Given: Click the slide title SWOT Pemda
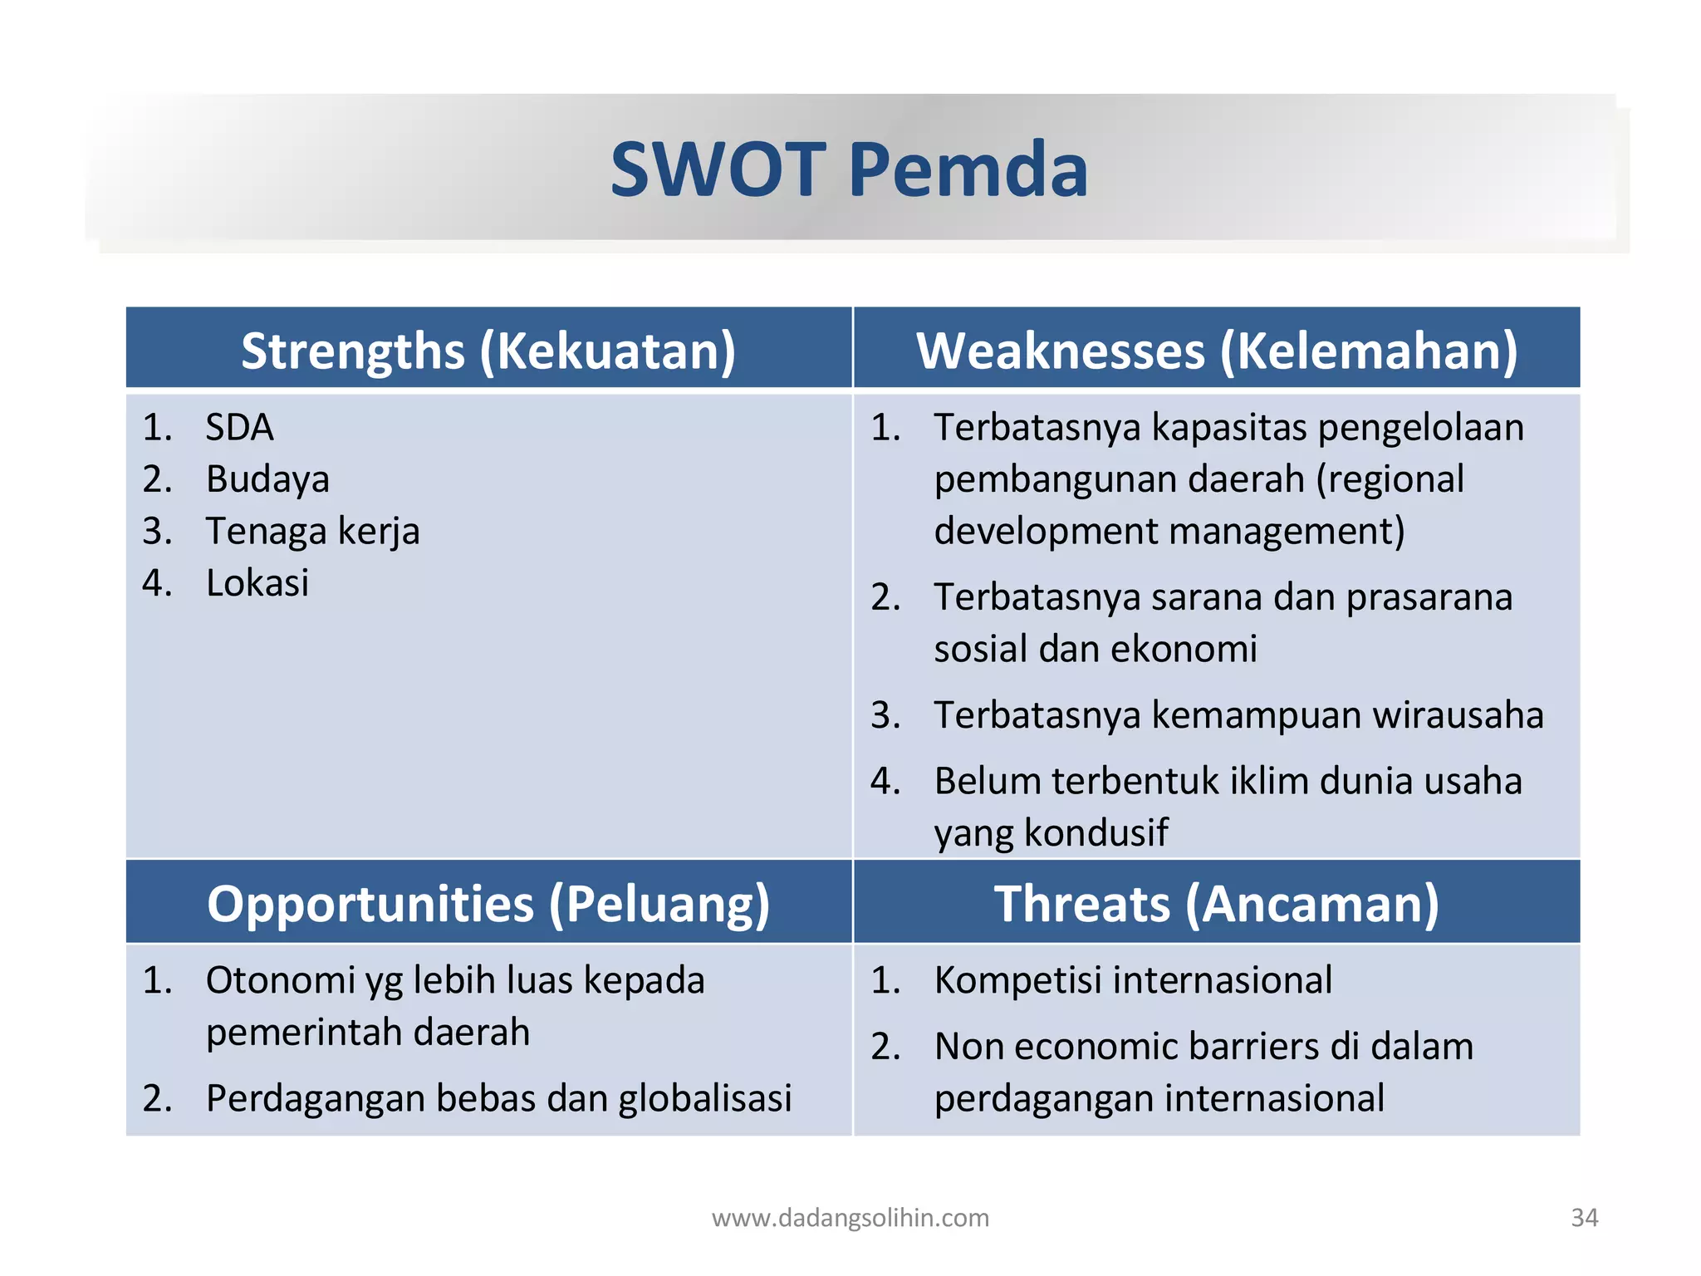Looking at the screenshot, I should pyautogui.click(x=849, y=169).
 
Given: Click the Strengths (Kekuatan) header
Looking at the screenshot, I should pyautogui.click(x=488, y=351).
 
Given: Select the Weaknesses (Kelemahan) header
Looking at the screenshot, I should pyautogui.click(x=1217, y=351).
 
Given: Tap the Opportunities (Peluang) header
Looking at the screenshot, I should pyautogui.click(x=488, y=904).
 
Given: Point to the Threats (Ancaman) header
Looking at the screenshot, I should pyautogui.click(x=1217, y=904).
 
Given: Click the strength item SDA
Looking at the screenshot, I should pyautogui.click(x=239, y=428).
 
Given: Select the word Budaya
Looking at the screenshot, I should pyautogui.click(x=267, y=480).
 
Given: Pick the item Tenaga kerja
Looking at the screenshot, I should pyautogui.click(x=312, y=532).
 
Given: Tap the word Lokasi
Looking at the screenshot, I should pyautogui.click(x=257, y=583).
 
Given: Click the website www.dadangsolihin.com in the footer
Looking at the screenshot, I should pyautogui.click(x=850, y=1218).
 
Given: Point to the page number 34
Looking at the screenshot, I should pyautogui.click(x=1584, y=1218).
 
